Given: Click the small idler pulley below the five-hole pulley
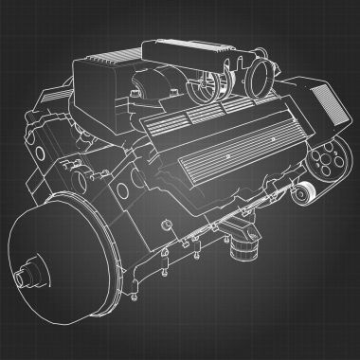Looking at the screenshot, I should pos(300,193).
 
